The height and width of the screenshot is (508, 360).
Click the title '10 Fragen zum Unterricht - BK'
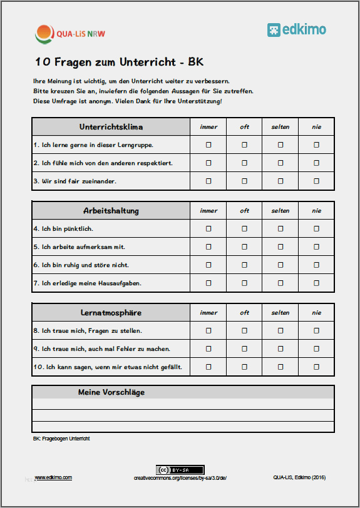[119, 62]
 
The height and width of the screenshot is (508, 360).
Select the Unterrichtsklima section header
[111, 127]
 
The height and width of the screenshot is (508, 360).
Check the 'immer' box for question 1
[208, 145]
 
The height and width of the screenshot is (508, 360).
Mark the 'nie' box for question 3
[316, 181]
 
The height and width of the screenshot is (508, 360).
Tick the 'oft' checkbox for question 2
[245, 163]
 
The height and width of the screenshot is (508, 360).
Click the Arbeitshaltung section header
[111, 210]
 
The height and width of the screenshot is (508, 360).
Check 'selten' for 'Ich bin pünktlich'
[280, 228]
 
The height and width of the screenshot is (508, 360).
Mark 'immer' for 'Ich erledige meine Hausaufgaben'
[208, 283]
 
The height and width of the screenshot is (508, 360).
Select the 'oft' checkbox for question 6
[245, 265]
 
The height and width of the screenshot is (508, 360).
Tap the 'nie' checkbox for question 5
[316, 246]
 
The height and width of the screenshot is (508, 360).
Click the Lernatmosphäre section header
[111, 312]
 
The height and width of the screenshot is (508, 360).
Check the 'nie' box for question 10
[316, 367]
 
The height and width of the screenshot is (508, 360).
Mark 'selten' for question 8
[280, 330]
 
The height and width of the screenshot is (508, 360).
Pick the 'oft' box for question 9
[245, 348]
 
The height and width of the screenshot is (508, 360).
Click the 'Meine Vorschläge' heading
[111, 392]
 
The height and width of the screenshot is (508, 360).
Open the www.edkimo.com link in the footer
[53, 477]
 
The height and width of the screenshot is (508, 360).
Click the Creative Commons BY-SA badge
[180, 470]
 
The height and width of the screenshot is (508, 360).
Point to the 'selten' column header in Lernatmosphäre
[280, 313]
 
